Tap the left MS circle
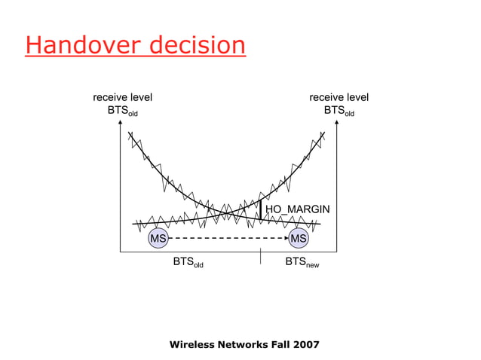[x=158, y=239]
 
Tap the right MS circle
[x=299, y=239]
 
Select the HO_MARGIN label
[x=297, y=209]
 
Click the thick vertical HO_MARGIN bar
[x=260, y=212]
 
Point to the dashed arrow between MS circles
[x=228, y=239]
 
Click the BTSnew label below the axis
[x=302, y=263]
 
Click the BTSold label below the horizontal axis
[x=188, y=263]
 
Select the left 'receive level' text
[x=122, y=97]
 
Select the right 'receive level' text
[x=339, y=97]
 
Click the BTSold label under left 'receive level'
[x=123, y=111]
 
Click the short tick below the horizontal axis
[x=260, y=258]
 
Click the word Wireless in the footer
[x=195, y=344]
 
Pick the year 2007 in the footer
[x=305, y=344]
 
